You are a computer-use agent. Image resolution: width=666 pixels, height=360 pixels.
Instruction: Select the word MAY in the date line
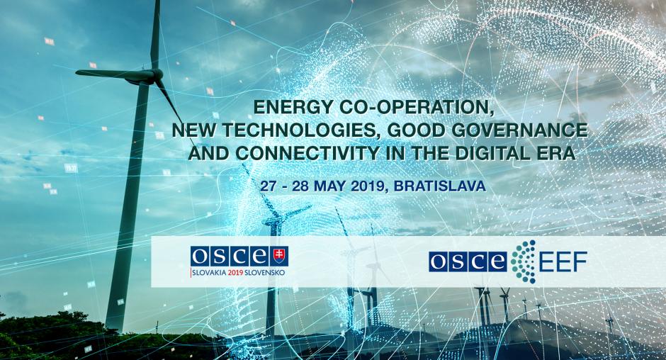[327, 186]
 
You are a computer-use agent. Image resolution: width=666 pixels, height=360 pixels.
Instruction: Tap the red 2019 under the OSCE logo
[235, 272]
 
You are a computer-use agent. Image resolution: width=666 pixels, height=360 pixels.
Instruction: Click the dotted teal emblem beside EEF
[523, 261]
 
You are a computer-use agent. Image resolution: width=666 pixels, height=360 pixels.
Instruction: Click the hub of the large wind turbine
[157, 75]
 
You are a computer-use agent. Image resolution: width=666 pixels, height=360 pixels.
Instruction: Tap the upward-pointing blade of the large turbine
[155, 35]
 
